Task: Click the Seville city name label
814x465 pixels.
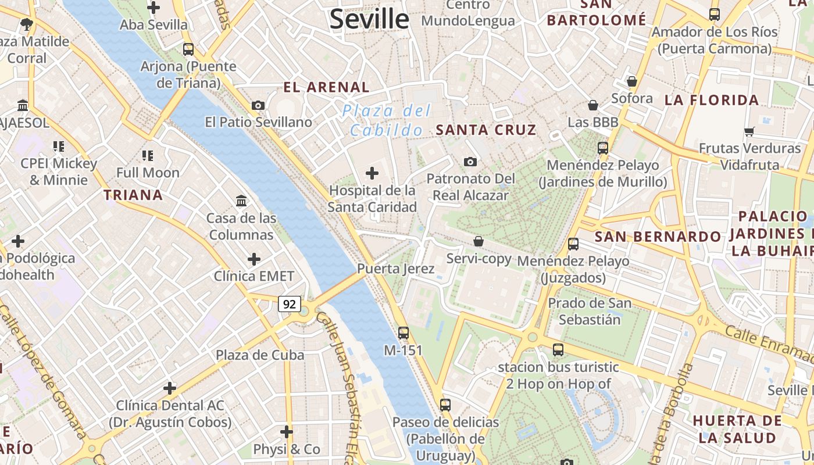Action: tap(369, 19)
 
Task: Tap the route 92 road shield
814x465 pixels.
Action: tap(290, 303)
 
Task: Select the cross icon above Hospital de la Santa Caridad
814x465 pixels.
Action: tap(372, 173)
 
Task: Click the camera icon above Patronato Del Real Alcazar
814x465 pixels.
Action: tap(470, 162)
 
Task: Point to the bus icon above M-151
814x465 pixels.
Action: tap(404, 333)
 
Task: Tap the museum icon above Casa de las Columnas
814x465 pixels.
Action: tap(241, 201)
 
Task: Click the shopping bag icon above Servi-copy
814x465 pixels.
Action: tap(479, 241)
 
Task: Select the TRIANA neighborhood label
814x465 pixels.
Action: tap(133, 195)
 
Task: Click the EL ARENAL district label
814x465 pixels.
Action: tap(326, 88)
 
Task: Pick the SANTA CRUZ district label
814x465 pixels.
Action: tap(486, 130)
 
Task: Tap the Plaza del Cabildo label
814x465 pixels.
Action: tap(387, 120)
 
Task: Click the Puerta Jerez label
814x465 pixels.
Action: tap(395, 269)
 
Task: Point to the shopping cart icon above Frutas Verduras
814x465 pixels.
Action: tap(749, 131)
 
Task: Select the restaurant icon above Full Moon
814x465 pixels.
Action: tap(148, 155)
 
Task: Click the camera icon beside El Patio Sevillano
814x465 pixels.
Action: tap(258, 105)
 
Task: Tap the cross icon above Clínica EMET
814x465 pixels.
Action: tap(254, 259)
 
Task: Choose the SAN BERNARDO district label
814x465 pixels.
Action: tap(658, 237)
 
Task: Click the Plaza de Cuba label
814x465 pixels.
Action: tap(260, 355)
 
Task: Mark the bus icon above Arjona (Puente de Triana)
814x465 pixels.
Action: tap(188, 49)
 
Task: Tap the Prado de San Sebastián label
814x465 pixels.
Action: tap(590, 311)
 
